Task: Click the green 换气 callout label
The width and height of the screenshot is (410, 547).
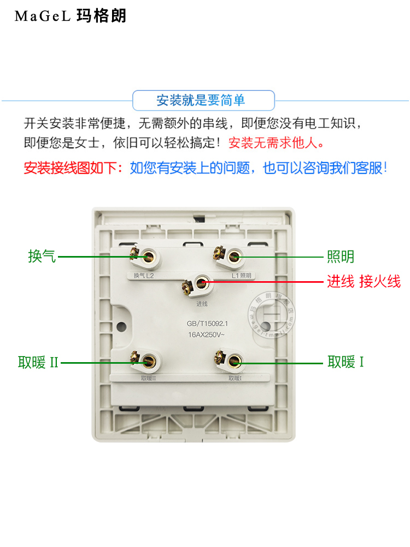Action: pyautogui.click(x=42, y=256)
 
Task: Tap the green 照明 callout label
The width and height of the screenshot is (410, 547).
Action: pyautogui.click(x=341, y=256)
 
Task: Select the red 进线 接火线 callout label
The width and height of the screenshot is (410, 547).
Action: pyautogui.click(x=364, y=282)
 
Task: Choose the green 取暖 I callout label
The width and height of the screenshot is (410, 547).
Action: pyautogui.click(x=345, y=362)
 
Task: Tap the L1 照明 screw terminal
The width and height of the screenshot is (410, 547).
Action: pyautogui.click(x=234, y=255)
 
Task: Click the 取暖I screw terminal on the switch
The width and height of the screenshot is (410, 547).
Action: pyautogui.click(x=234, y=360)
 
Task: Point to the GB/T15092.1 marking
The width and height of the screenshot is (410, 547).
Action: pyautogui.click(x=203, y=323)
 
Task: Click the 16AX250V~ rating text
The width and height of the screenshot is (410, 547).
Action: pyautogui.click(x=203, y=334)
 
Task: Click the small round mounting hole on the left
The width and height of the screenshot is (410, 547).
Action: pyautogui.click(x=121, y=327)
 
